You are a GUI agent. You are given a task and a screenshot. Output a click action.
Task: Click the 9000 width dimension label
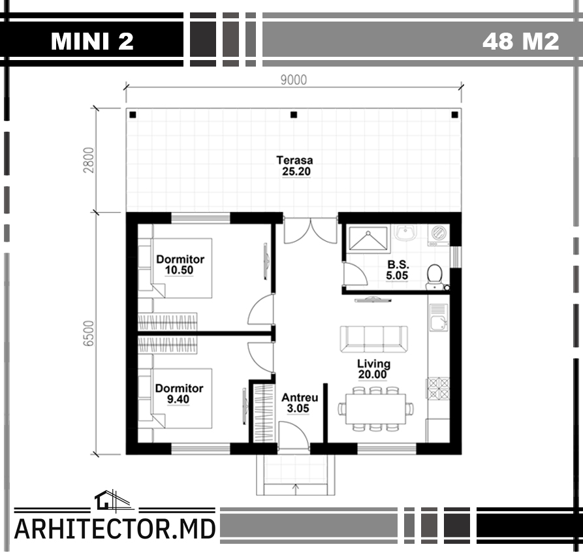pyautogui.click(x=294, y=80)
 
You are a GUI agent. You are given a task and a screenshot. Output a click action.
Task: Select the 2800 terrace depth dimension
pyautogui.click(x=89, y=160)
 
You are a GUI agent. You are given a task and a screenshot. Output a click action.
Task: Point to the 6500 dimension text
pyautogui.click(x=89, y=333)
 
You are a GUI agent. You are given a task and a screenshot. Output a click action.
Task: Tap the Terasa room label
pyautogui.click(x=294, y=160)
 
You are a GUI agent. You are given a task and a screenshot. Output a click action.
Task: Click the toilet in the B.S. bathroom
pyautogui.click(x=434, y=276)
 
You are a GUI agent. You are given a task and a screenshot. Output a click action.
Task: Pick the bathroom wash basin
pyautogui.click(x=405, y=232)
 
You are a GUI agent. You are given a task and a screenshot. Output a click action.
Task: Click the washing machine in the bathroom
pyautogui.click(x=438, y=234)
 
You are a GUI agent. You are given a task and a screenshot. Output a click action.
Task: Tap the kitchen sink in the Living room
pyautogui.click(x=439, y=317)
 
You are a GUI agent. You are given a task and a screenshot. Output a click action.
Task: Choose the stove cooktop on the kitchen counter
pyautogui.click(x=438, y=388)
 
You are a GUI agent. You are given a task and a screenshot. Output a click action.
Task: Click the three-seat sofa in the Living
pyautogui.click(x=373, y=339)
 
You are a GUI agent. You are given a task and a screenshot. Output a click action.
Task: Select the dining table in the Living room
pyautogui.click(x=375, y=409)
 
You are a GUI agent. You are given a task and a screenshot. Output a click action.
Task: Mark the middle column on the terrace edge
pyautogui.click(x=294, y=114)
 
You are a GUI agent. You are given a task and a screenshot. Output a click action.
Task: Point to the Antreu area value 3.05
pyautogui.click(x=298, y=408)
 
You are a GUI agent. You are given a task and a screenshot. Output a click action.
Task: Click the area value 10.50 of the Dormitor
pyautogui.click(x=180, y=270)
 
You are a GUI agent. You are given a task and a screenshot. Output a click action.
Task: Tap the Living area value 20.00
pyautogui.click(x=373, y=375)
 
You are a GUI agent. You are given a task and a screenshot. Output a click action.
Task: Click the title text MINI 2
pyautogui.click(x=92, y=41)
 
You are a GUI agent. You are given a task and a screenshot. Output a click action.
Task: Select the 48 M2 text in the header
pyautogui.click(x=520, y=41)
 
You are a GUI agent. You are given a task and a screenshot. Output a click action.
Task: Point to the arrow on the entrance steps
pyautogui.click(x=296, y=489)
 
